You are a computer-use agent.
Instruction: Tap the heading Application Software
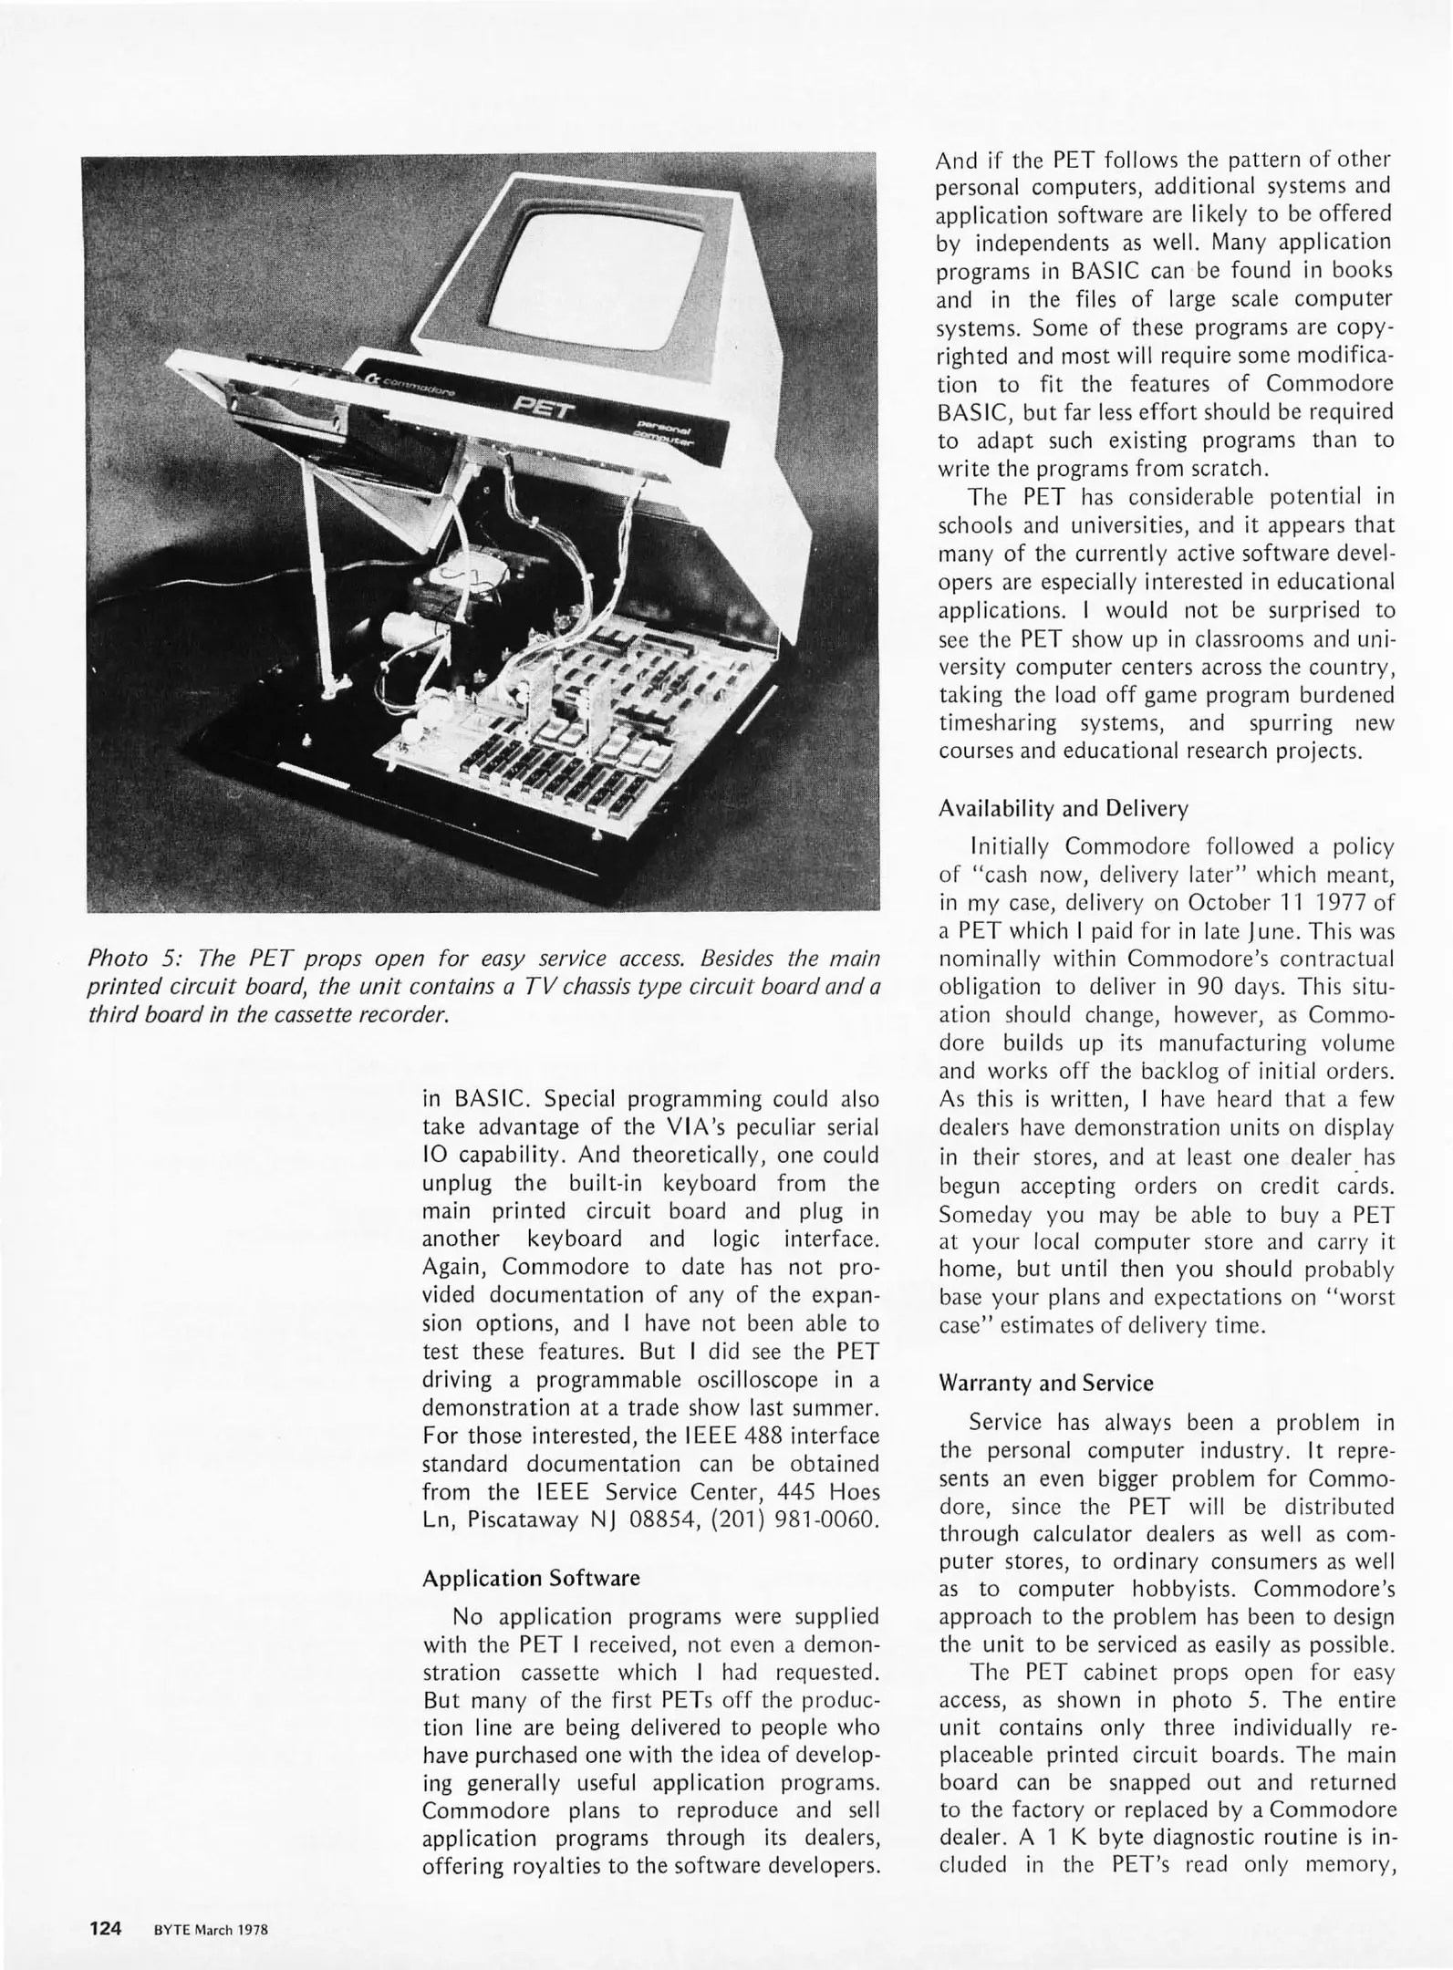click(531, 1579)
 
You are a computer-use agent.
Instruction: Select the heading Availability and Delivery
click(1064, 808)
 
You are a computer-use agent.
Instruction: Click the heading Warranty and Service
click(1045, 1384)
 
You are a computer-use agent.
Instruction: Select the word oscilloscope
click(752, 1380)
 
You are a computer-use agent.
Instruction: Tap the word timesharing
click(997, 723)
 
